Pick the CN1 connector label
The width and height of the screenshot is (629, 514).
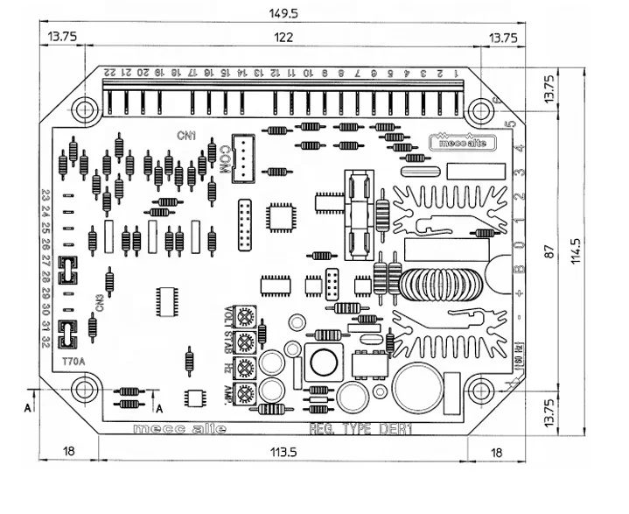click(186, 136)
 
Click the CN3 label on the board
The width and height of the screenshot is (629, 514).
click(101, 303)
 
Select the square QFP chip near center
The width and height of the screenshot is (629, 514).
click(282, 216)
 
